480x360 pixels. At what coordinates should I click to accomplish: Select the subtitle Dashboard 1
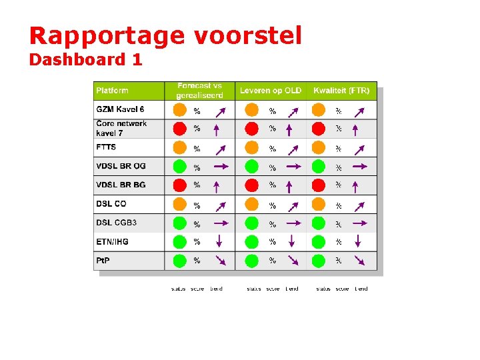85,60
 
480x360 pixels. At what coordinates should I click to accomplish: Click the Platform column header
113,91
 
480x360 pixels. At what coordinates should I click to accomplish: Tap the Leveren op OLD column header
271,91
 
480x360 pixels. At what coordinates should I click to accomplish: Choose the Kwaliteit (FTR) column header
341,91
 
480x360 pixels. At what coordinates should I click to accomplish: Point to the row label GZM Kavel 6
120,109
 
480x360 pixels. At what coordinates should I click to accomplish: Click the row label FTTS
106,147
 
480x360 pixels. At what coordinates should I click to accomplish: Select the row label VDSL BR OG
121,166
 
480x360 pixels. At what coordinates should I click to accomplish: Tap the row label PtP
103,260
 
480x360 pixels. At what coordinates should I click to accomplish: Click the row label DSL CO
111,204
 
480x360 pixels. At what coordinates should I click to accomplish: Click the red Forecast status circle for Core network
180,129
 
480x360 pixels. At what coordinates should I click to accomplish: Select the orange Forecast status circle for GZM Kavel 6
180,110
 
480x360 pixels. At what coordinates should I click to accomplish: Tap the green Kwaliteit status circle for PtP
319,261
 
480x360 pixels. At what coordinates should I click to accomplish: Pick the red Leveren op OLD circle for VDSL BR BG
251,185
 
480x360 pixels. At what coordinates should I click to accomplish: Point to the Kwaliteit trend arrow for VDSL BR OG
359,166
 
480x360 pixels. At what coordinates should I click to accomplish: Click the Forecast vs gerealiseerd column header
199,91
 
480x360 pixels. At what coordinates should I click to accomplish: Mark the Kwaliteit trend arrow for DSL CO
359,205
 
